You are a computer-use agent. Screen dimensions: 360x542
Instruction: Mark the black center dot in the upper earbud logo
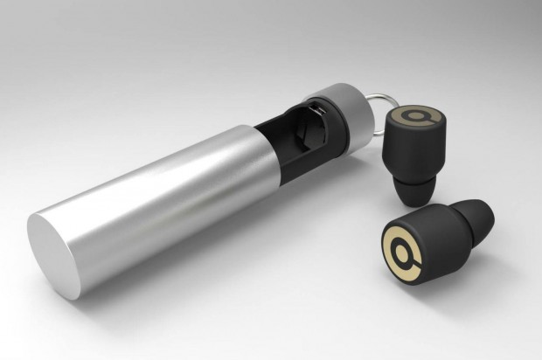tap(415, 116)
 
